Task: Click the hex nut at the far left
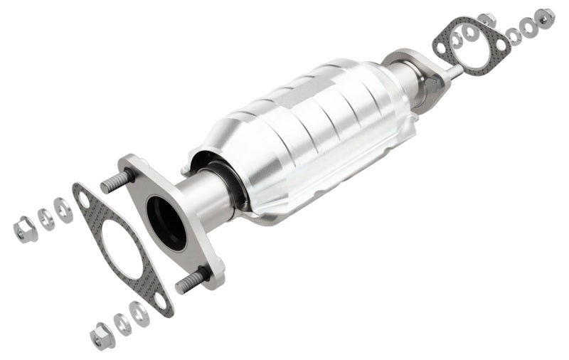25,228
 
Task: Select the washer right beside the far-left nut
46,219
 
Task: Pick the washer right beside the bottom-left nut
123,324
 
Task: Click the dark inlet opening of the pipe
166,221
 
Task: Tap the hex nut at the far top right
544,16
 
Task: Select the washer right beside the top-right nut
528,26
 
